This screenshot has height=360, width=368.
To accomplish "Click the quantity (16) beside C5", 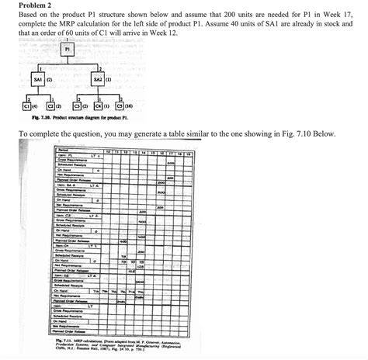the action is point(140,105).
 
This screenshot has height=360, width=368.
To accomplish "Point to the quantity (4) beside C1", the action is point(20,105).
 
